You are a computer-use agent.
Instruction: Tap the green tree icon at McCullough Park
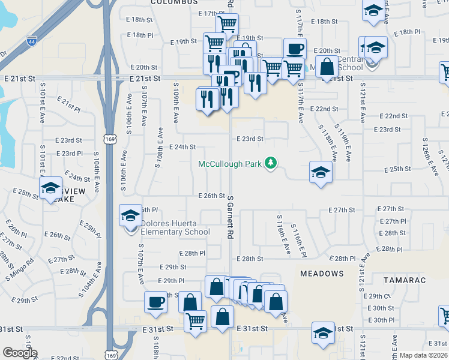pyautogui.click(x=271, y=163)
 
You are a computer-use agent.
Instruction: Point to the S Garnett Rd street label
pyautogui.click(x=230, y=223)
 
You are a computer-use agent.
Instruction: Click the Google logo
pyautogui.click(x=19, y=353)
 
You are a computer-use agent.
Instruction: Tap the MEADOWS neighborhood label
pyautogui.click(x=322, y=274)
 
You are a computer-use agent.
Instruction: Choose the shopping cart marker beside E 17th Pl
pyautogui.click(x=227, y=23)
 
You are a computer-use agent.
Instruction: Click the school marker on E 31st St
pyautogui.click(x=323, y=332)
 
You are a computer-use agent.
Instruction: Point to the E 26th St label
pyautogui.click(x=211, y=196)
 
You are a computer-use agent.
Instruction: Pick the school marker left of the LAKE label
pyautogui.click(x=51, y=188)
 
